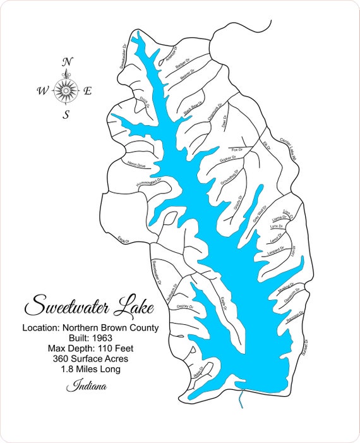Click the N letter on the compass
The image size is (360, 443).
point(66,62)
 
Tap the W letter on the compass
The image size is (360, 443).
point(42,91)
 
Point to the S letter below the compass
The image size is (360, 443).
point(66,114)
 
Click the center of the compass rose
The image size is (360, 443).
point(66,90)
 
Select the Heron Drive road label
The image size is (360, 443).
point(136,166)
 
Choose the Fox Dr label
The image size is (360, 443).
point(237,149)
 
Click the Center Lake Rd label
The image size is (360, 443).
point(287,149)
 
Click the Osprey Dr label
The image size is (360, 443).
point(184,306)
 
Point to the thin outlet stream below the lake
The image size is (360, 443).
point(243,398)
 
